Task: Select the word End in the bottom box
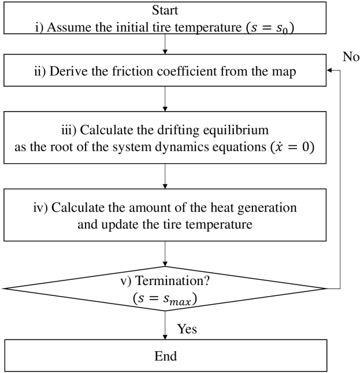[x=165, y=356]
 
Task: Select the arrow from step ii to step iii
[x=165, y=99]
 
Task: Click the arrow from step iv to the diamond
[x=165, y=253]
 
